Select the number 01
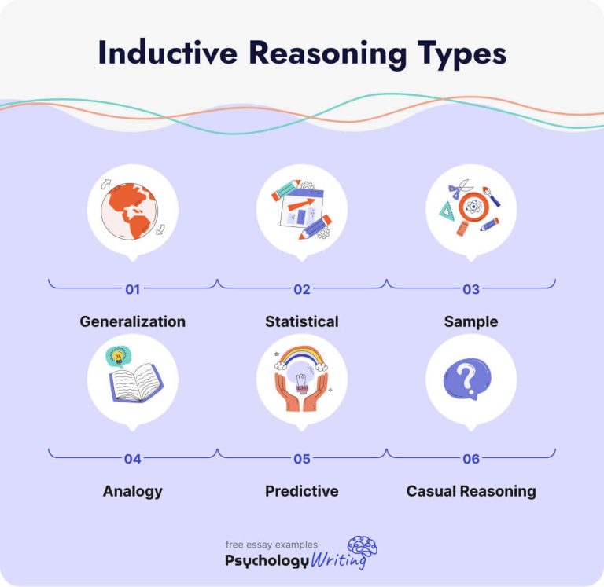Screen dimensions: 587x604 tap(132, 289)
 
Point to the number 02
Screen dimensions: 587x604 tap(302, 289)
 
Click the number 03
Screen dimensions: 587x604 tap(471, 289)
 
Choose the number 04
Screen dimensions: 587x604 tap(132, 459)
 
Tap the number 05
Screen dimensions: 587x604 tap(302, 459)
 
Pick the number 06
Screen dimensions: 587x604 tap(471, 459)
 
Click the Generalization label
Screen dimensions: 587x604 tap(132, 321)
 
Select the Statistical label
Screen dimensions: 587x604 tap(302, 321)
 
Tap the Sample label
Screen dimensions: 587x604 tap(471, 321)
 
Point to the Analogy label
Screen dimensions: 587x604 tap(132, 491)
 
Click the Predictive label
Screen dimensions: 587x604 tap(302, 491)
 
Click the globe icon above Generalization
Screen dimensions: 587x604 tap(133, 209)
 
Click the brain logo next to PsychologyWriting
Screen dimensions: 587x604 tap(363, 548)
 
